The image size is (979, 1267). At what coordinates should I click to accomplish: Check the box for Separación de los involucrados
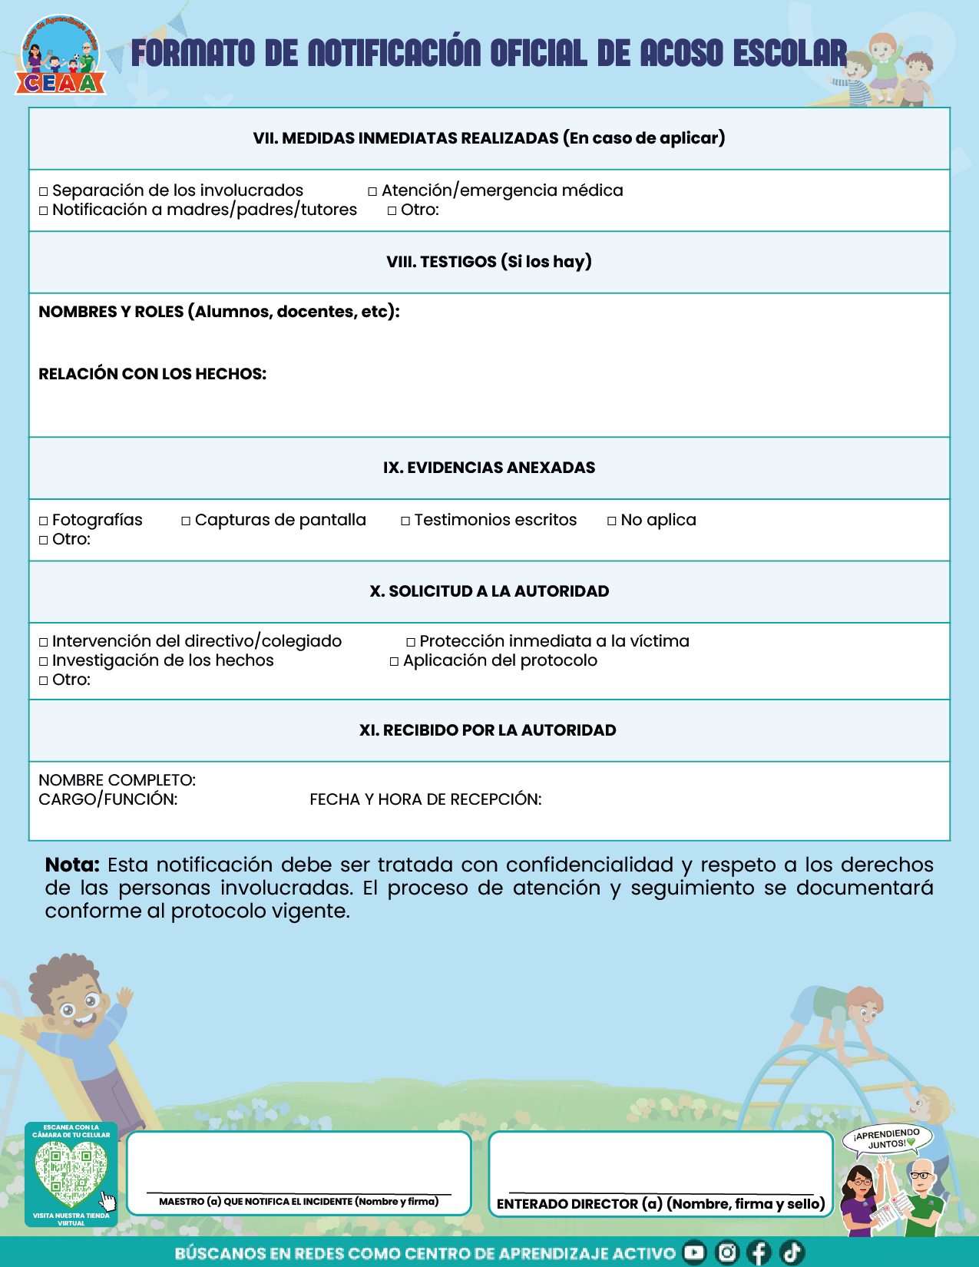click(44, 192)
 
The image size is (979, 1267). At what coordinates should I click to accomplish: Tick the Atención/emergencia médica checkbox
click(373, 192)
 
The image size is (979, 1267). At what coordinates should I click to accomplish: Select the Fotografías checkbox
click(44, 521)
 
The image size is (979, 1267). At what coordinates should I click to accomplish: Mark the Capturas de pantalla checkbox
click(186, 521)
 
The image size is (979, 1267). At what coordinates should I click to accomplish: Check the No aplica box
click(612, 521)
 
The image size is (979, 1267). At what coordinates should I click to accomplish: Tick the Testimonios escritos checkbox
click(405, 521)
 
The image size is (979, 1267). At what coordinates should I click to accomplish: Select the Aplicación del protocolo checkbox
click(395, 662)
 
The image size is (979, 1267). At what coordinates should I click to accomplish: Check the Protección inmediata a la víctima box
click(411, 643)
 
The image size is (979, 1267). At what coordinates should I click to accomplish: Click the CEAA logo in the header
click(61, 58)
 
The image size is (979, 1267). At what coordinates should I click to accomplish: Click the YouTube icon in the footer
click(694, 1252)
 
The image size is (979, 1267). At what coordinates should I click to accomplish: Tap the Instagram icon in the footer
click(726, 1252)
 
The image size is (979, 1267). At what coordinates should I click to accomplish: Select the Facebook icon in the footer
click(759, 1252)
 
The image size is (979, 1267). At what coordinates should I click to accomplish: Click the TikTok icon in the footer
click(792, 1252)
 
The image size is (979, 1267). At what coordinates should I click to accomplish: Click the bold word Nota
click(72, 865)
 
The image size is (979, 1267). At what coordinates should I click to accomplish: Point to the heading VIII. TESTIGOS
click(489, 262)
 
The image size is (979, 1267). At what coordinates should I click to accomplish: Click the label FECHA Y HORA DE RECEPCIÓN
click(425, 800)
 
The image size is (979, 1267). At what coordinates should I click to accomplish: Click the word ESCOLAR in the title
click(789, 54)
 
